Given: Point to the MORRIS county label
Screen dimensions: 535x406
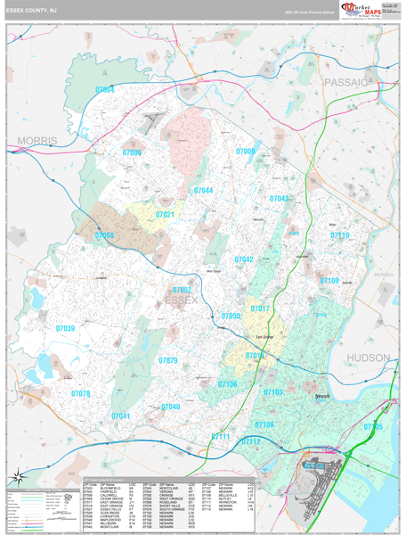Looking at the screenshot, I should tap(37, 141).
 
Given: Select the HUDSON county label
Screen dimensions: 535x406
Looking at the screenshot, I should tap(368, 358).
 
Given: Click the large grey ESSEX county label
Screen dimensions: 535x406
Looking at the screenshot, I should tap(182, 300).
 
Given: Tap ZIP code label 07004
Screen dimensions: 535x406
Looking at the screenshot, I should tap(105, 90).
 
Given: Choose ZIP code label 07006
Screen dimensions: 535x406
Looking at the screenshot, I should tap(132, 153).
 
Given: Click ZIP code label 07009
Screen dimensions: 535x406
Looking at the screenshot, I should tap(246, 152).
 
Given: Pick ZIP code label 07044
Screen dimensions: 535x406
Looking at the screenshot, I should tap(203, 191).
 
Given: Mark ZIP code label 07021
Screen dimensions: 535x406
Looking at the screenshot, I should tap(165, 215).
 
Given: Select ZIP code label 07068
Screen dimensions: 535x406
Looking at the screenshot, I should tap(104, 235).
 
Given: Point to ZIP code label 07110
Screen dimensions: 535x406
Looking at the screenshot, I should tap(340, 235).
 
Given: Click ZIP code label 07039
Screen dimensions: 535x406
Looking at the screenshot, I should tap(65, 328).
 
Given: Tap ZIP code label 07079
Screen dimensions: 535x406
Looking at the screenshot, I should tap(168, 360).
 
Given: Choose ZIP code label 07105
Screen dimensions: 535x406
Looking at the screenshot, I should tap(373, 427).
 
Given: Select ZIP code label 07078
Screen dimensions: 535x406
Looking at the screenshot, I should tap(81, 393).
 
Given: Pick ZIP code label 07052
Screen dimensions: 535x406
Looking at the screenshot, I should tap(182, 290).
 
